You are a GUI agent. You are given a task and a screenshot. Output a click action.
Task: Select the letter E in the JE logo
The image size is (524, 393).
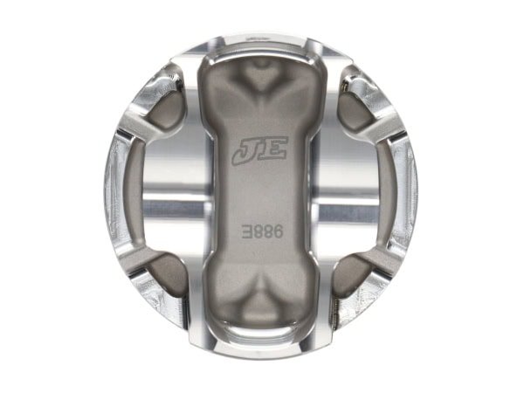274,148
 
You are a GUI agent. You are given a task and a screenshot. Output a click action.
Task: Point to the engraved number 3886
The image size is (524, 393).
263,231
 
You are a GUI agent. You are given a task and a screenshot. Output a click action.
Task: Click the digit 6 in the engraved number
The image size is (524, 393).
278,231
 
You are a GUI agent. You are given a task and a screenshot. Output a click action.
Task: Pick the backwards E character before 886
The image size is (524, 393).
247,231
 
